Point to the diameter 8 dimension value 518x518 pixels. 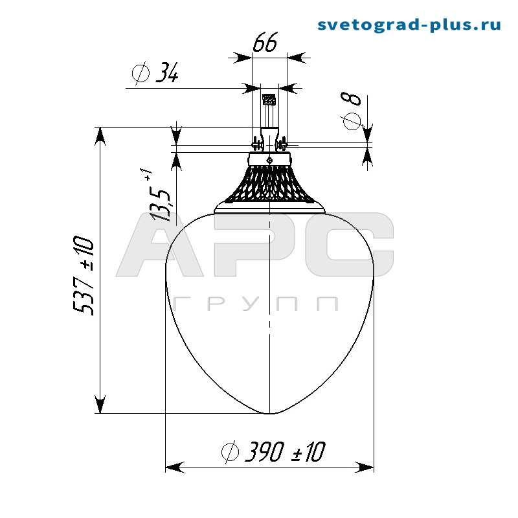tap(352, 109)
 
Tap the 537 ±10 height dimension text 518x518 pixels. tap(84, 276)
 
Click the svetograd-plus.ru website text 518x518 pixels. tap(409, 25)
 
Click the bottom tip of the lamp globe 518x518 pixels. tap(269, 412)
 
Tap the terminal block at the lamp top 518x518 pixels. tap(268, 100)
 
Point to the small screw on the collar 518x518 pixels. tap(269, 158)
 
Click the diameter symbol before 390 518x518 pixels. tap(229, 452)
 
